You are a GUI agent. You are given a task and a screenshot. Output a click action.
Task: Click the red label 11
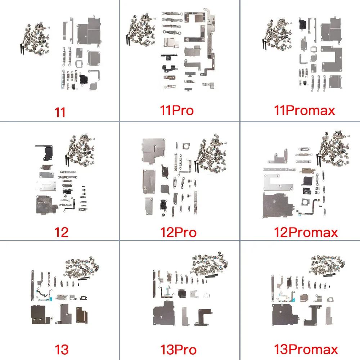pos(60,112)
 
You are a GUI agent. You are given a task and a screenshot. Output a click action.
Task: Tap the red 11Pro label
pos(177,111)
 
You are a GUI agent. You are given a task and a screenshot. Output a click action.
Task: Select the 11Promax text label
pos(305,111)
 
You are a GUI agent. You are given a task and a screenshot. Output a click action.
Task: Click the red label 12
pos(61,232)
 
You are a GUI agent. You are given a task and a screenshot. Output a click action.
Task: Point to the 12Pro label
pos(179,232)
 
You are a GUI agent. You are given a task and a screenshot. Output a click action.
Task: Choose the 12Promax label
pos(306,232)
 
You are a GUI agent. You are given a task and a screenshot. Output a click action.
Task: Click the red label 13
pos(62,350)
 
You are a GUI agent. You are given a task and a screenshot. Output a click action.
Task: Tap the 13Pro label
pos(179,350)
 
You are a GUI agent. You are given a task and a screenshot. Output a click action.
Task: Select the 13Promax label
pos(306,349)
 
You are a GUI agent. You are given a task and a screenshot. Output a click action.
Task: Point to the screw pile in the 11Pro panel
pos(141,30)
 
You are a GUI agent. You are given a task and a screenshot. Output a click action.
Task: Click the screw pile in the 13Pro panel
pos(209,264)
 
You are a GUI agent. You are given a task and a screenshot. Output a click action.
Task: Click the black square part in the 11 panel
pos(84,79)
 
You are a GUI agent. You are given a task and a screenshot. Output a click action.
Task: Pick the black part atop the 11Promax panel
pos(302,24)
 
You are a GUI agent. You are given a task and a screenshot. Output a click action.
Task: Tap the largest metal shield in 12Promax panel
pos(278,206)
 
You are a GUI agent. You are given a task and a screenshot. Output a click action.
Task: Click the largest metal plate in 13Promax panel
pos(285,314)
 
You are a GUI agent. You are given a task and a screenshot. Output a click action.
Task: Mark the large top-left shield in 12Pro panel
pos(154,150)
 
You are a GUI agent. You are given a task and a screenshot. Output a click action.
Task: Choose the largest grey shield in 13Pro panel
pos(164,314)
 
